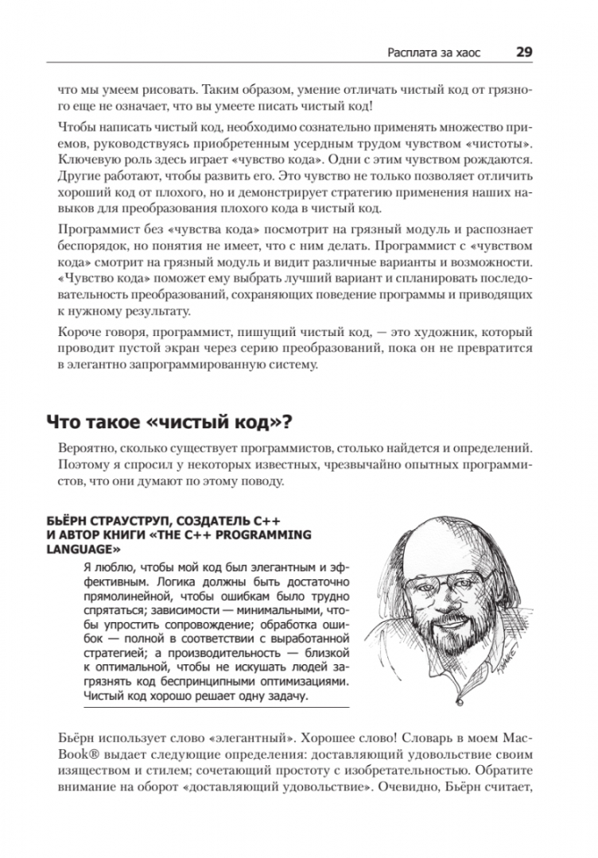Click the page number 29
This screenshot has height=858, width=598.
pos(524,52)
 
